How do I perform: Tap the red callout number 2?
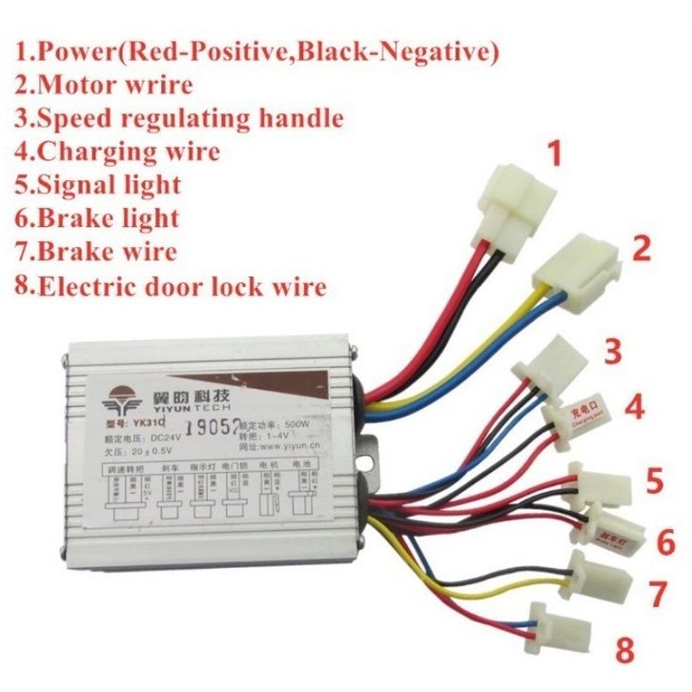pyautogui.click(x=641, y=249)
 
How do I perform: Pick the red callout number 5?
pyautogui.click(x=652, y=479)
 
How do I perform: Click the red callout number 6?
pyautogui.click(x=665, y=541)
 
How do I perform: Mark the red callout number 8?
pyautogui.click(x=624, y=651)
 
